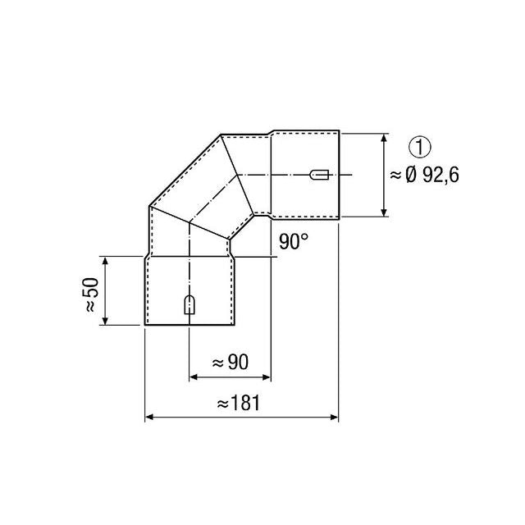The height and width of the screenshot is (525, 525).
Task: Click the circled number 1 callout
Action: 419,148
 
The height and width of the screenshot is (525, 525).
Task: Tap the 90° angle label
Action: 293,242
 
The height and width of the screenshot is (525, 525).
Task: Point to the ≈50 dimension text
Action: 90,291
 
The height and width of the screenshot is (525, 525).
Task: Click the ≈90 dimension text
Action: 231,361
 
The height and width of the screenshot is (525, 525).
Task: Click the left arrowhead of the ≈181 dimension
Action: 149,418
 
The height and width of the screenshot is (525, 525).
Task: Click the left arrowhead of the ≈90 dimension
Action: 194,378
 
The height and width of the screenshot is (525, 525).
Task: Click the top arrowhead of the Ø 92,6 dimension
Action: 385,137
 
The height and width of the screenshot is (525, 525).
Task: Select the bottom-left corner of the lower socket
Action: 145,326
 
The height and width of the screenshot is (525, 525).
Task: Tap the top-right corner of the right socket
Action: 339,130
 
